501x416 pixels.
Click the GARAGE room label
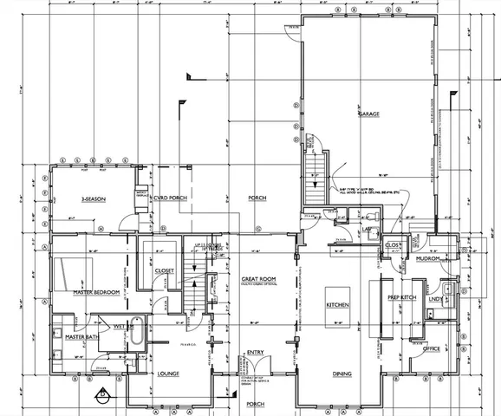coord(371,114)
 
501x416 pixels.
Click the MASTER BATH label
coord(79,336)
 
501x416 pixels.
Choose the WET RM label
coord(123,326)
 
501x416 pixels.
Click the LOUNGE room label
coord(168,374)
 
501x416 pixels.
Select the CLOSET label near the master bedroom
coord(166,270)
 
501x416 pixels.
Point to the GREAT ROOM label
coord(258,278)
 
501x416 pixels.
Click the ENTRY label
coord(256,353)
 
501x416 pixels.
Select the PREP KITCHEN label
coord(402,299)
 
